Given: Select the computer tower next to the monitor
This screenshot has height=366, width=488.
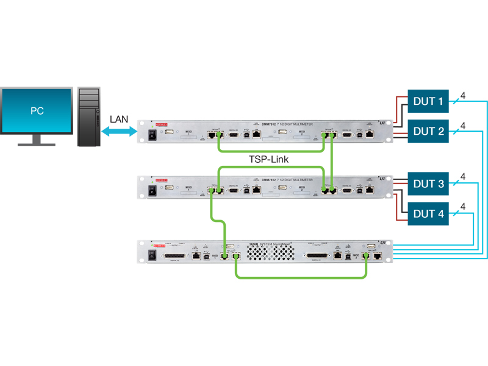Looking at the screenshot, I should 89,117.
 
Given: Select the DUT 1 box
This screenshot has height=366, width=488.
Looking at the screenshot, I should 428,101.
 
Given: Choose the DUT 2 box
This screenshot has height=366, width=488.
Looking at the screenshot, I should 428,131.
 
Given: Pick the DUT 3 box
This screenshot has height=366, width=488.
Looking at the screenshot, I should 428,184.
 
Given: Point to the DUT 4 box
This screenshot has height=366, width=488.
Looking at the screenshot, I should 428,213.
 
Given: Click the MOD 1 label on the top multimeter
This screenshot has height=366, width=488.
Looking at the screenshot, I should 188,132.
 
